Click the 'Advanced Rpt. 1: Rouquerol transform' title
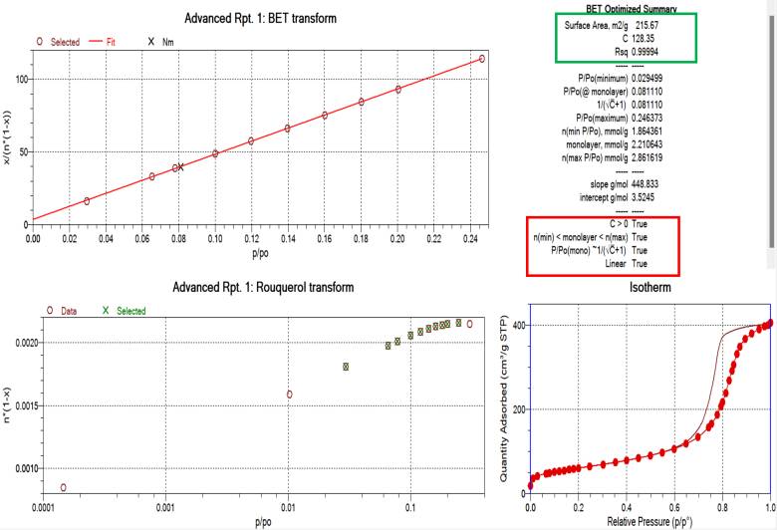coord(262,287)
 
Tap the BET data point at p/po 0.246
coord(482,59)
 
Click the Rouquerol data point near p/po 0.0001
coord(64,487)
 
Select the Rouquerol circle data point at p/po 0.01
coord(289,394)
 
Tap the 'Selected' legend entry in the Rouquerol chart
coord(130,311)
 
